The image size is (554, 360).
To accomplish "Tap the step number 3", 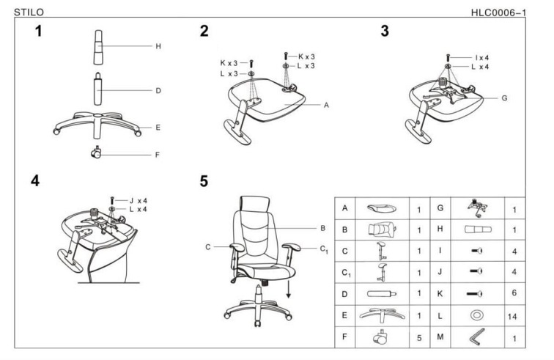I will tap(385, 32).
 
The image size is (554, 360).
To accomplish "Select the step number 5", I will tap(204, 181).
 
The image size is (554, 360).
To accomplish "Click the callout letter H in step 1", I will tap(158, 46).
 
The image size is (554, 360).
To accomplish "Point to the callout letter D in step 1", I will tap(158, 91).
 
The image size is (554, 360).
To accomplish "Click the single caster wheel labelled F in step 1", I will tap(95, 154).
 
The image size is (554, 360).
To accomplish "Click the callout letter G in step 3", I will tap(504, 97).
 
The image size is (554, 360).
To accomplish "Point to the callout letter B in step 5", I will tap(323, 228).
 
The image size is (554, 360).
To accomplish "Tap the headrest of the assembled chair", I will tap(254, 204).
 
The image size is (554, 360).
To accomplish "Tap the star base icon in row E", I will tap(381, 316).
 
